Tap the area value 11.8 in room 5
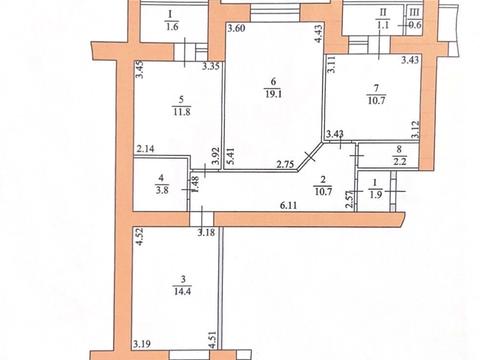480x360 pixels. coord(180,111)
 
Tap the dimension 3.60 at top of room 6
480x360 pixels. coord(236,29)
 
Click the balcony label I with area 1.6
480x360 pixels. coord(172,20)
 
